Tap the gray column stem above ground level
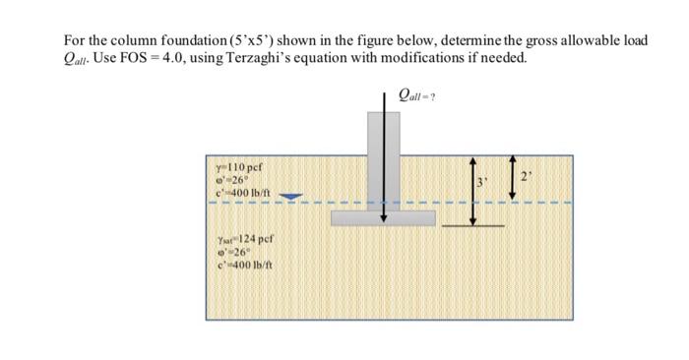point(382,133)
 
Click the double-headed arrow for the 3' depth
point(471,189)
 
